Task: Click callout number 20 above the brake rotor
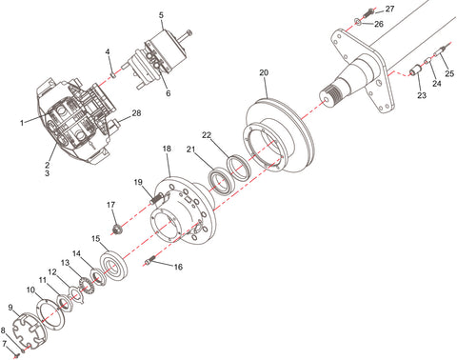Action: click(264, 72)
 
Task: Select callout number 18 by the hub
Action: click(166, 150)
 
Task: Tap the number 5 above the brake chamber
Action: click(161, 15)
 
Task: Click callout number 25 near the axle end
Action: click(448, 73)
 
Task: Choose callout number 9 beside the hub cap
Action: click(10, 308)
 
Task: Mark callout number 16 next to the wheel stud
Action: click(178, 269)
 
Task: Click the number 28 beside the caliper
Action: click(136, 114)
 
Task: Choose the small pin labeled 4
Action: click(113, 66)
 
